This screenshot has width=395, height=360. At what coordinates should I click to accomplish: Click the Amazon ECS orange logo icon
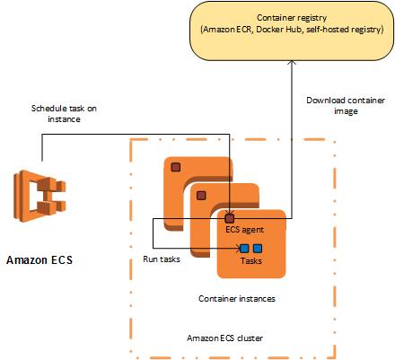coord(39,196)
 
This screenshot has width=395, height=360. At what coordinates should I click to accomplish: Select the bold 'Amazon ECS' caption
coord(39,259)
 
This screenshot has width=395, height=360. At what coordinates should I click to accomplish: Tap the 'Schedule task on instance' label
coord(64,114)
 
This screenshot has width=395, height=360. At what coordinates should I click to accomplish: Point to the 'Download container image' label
coord(346,106)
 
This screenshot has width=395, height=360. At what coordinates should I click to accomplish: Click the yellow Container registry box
coord(292,31)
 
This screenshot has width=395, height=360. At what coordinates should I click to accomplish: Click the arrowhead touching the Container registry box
coord(292,63)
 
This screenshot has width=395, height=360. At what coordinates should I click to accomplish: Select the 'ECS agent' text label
coord(244,230)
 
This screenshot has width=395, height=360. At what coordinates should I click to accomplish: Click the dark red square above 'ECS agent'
coord(230,219)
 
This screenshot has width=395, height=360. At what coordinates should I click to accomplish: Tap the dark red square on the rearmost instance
coord(176,167)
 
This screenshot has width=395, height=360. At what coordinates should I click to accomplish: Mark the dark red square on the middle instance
coord(201,196)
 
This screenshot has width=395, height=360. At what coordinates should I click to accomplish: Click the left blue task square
coord(244,249)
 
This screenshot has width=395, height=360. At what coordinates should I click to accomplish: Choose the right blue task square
coord(258,249)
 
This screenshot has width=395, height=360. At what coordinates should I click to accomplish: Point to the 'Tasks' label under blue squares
coord(251,261)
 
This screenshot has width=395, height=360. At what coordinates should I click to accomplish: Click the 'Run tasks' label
coord(162,259)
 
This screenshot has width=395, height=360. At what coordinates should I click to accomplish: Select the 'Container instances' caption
coord(237,299)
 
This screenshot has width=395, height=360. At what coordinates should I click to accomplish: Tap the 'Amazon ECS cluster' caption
coord(224,338)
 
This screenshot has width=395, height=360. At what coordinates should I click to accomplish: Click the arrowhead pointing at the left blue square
coord(239,248)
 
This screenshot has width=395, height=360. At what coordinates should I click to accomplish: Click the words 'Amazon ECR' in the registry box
coord(228,30)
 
